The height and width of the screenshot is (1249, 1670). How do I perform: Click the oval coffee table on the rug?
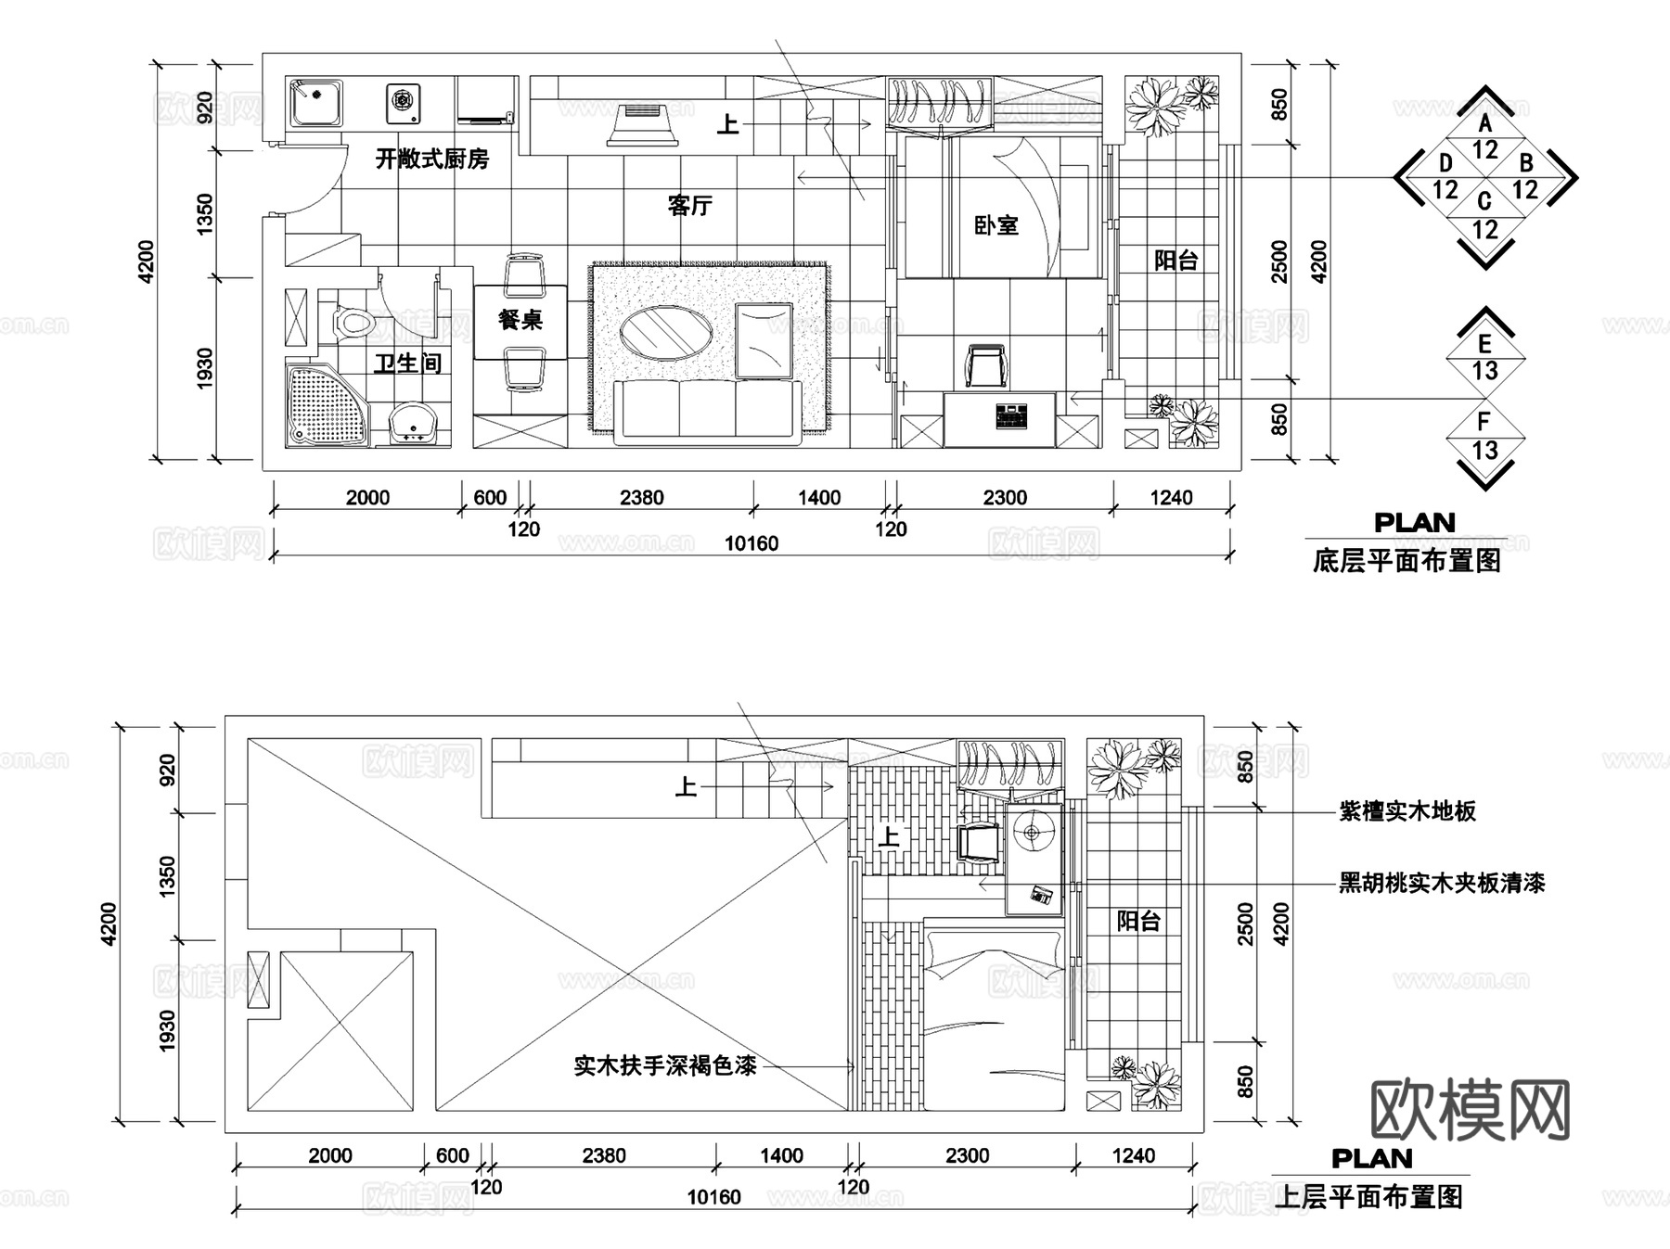click(x=666, y=332)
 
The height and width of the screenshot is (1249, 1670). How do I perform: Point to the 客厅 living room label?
click(x=689, y=205)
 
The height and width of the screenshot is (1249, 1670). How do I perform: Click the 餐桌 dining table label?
click(x=520, y=320)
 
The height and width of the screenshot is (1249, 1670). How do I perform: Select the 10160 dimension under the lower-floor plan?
click(x=751, y=543)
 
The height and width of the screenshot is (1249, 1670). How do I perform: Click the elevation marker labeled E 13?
click(x=1485, y=358)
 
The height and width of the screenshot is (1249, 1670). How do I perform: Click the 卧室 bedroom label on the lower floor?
click(x=996, y=225)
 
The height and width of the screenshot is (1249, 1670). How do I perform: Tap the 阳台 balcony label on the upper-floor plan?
click(x=1138, y=921)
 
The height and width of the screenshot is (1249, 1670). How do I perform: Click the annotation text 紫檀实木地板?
click(x=1407, y=811)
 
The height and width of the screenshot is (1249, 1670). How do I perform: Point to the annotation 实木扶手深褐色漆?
click(x=665, y=1065)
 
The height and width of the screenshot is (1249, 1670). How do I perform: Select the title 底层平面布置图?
click(x=1407, y=562)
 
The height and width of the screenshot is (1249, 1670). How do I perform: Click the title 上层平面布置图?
click(x=1369, y=1197)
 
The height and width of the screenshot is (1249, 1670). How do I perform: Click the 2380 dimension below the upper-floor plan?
click(x=604, y=1156)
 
